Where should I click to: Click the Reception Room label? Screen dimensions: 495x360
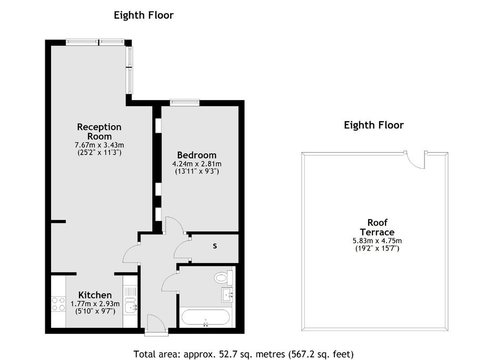click(99, 132)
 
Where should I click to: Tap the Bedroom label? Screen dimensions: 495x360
click(196, 155)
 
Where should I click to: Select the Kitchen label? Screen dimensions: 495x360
click(95, 295)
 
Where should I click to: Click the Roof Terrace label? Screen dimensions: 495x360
click(377, 227)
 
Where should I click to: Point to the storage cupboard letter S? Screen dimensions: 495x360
click(215, 246)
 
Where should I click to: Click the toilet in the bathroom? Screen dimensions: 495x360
click(223, 278)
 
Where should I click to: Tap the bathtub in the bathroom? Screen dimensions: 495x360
click(205, 317)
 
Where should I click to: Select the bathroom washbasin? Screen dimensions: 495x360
click(227, 295)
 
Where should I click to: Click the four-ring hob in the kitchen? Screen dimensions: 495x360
click(58, 304)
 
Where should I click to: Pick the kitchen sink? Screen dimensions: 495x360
click(131, 305)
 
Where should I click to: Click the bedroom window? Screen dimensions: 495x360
click(185, 102)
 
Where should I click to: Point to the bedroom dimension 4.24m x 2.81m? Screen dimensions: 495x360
click(196, 164)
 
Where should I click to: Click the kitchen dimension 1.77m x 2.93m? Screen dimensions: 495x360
click(95, 304)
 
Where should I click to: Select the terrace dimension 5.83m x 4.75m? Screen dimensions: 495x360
click(377, 241)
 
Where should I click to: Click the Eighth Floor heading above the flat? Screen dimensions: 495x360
click(144, 15)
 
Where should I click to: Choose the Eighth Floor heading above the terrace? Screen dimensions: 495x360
click(374, 125)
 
